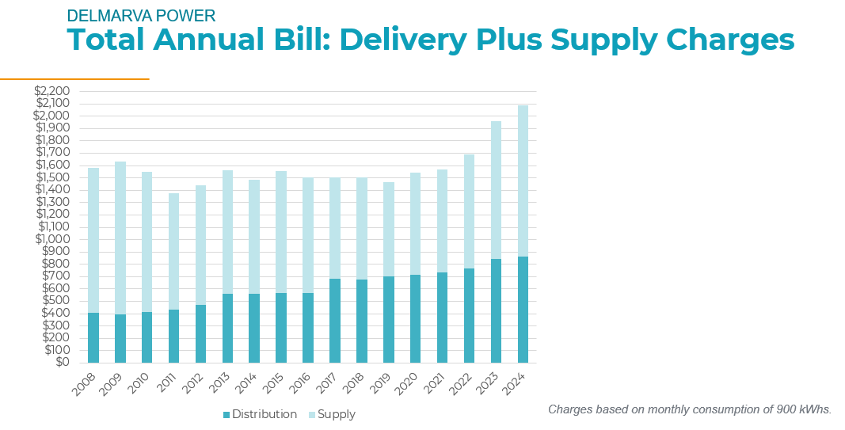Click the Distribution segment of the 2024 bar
(x=523, y=309)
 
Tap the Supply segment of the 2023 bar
(x=496, y=190)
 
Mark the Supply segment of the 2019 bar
(x=389, y=229)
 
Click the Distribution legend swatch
(x=226, y=415)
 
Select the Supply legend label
(x=337, y=415)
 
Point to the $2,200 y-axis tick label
(x=52, y=91)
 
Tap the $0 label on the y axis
(x=61, y=363)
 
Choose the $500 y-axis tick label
(x=55, y=301)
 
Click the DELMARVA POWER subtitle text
(x=141, y=16)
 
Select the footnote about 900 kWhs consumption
(x=690, y=409)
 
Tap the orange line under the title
(x=74, y=79)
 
